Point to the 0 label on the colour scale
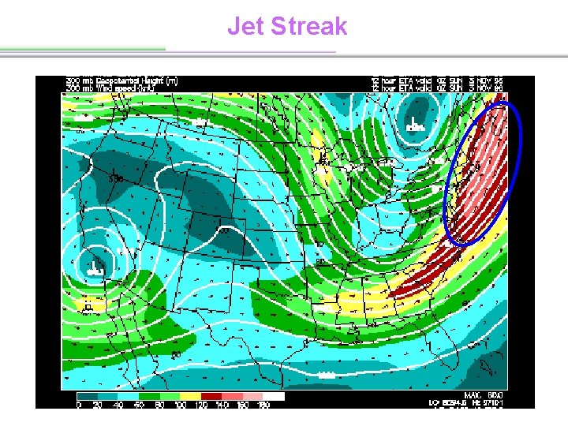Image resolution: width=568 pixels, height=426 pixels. (x=78, y=405)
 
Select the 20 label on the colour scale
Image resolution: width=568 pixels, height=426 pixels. (x=99, y=405)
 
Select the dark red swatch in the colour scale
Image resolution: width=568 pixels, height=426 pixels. (x=212, y=396)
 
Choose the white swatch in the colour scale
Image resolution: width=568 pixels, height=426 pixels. (x=274, y=396)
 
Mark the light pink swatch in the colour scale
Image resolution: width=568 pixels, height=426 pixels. (x=253, y=396)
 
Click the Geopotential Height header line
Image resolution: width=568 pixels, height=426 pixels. (x=122, y=80)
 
